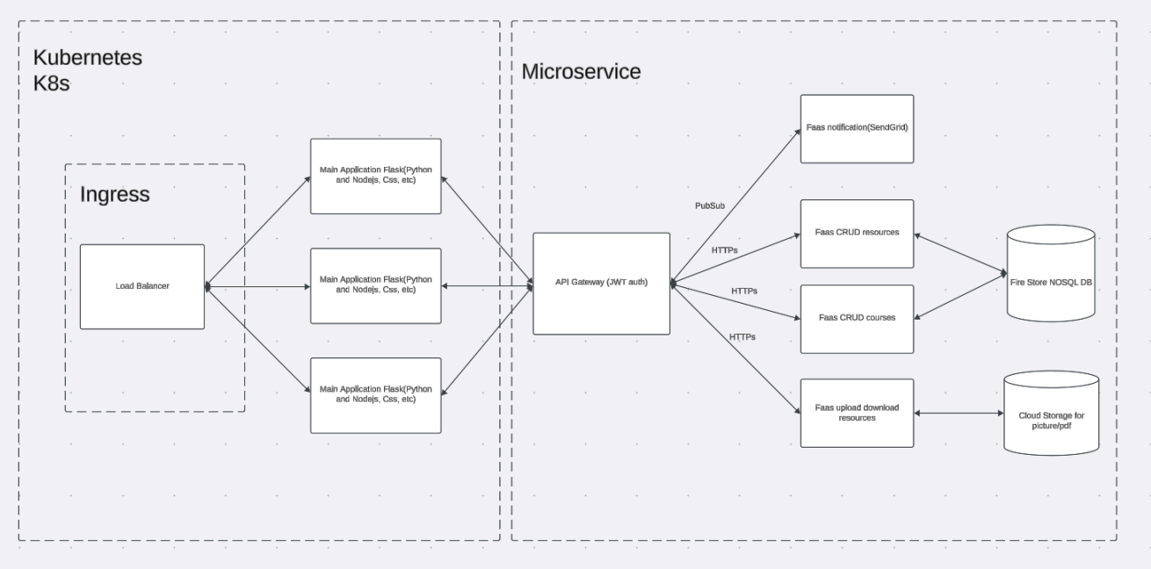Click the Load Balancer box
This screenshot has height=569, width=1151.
tap(142, 286)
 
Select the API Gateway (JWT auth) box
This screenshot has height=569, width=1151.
tap(602, 283)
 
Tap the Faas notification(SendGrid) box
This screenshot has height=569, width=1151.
tap(858, 129)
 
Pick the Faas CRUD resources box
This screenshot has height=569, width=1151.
tap(858, 233)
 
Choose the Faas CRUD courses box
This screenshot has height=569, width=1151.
tap(858, 317)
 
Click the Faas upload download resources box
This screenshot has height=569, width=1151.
tap(858, 412)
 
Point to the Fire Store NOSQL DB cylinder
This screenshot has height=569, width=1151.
tap(1051, 273)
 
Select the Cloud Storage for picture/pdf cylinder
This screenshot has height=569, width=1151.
tap(1051, 412)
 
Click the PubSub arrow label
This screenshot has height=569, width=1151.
tap(710, 205)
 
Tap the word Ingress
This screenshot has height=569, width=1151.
tap(115, 194)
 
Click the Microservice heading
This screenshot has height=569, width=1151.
tap(581, 71)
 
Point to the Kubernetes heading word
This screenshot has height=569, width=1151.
tap(88, 58)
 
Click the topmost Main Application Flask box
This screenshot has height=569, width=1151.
tap(376, 176)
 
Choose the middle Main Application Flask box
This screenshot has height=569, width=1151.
tap(376, 284)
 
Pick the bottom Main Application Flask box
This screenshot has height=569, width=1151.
tap(376, 393)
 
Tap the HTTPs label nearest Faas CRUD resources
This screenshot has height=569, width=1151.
tap(725, 250)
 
